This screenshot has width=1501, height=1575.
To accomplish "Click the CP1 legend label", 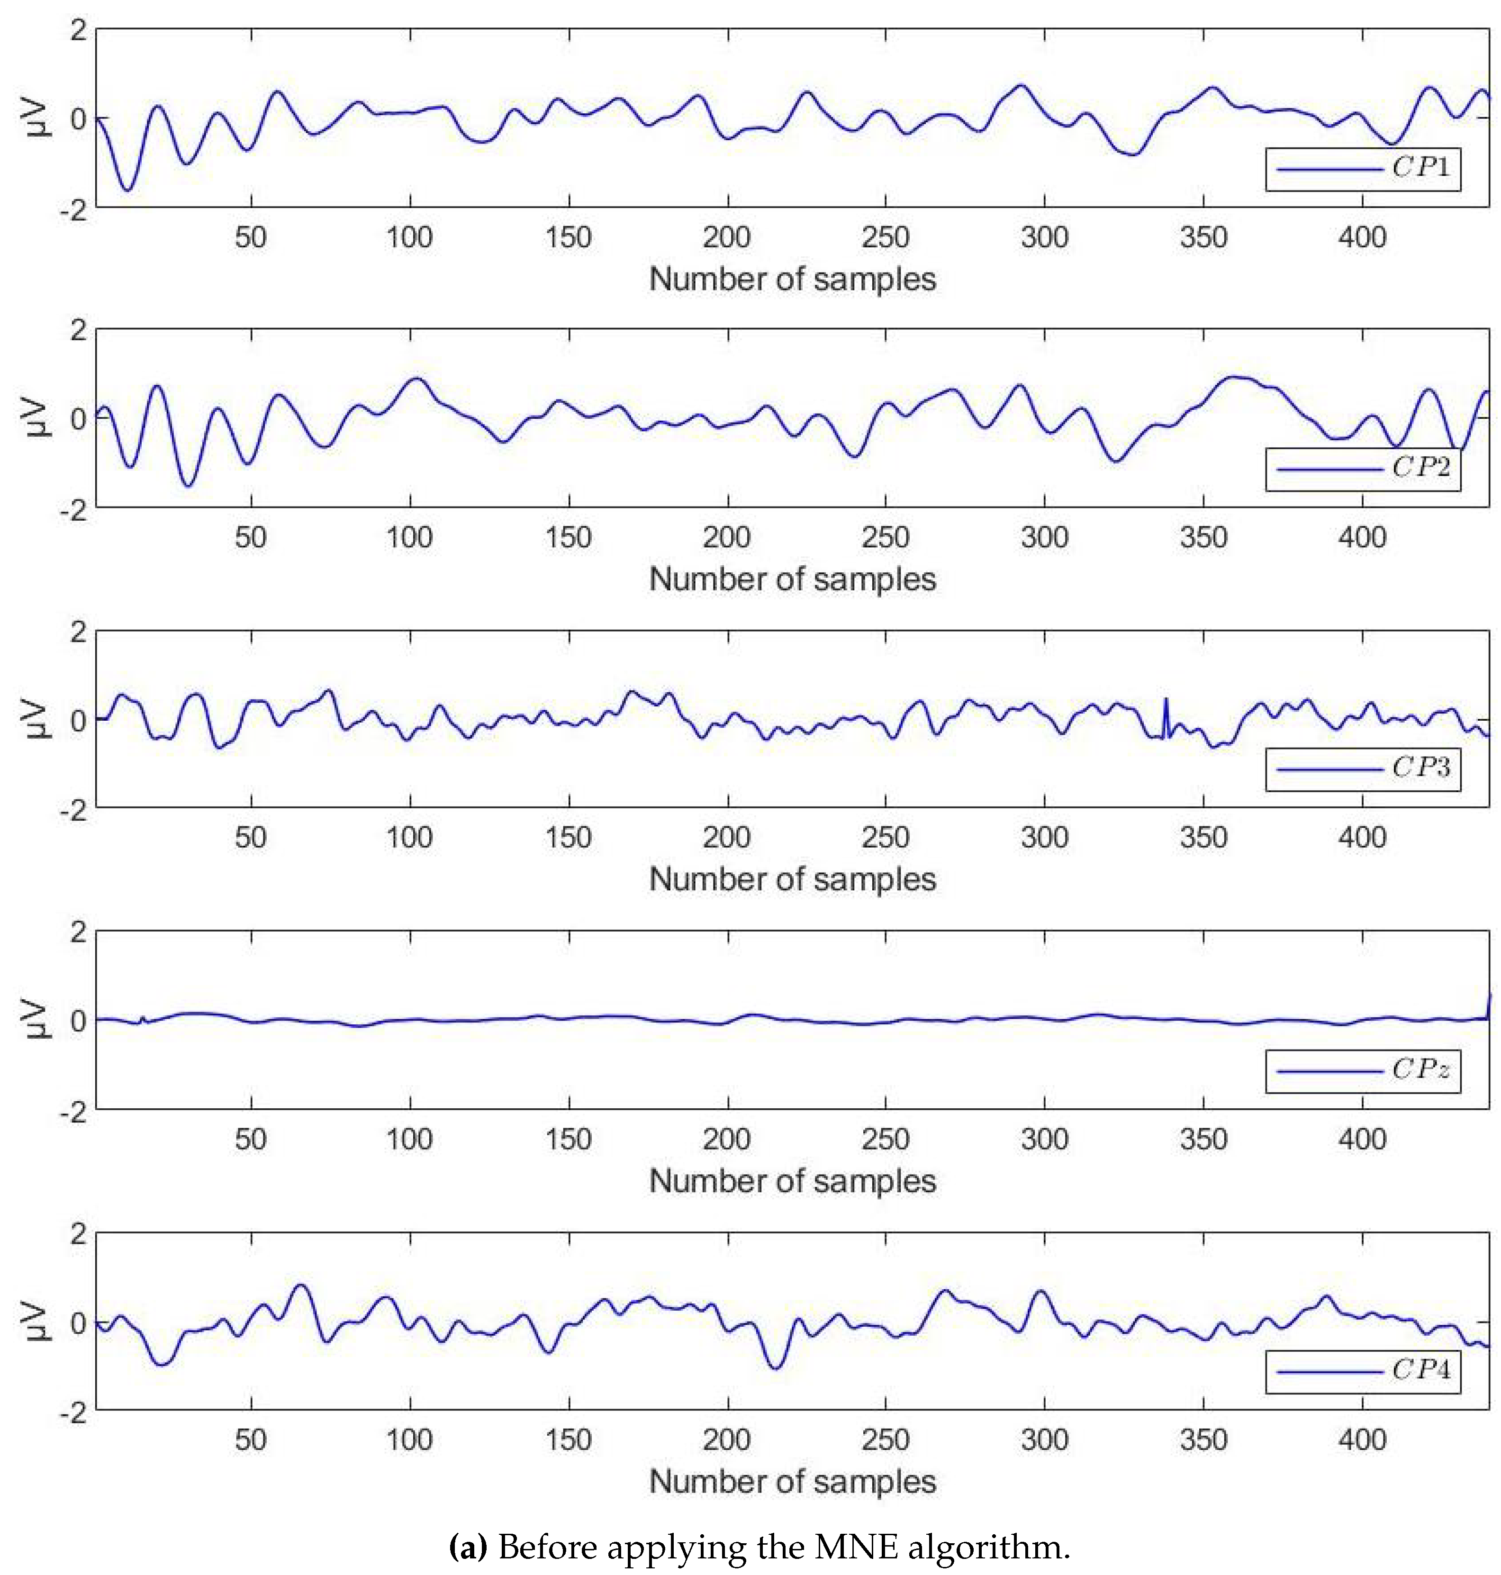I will [1421, 167].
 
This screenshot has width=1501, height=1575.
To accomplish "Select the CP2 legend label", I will [1421, 467].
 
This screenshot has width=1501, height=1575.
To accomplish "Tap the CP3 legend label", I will [1421, 768].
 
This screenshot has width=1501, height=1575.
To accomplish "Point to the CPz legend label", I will [1421, 1069].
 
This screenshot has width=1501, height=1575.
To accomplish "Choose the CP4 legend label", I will [1421, 1370].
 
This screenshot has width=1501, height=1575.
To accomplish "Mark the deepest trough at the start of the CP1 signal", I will [127, 190].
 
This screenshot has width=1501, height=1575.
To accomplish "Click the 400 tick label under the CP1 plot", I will [1362, 238].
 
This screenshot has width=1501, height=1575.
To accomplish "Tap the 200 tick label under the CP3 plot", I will [726, 838].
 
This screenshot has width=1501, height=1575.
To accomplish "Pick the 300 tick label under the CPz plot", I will [1044, 1140].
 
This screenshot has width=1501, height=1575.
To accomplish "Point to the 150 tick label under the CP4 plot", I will [568, 1440].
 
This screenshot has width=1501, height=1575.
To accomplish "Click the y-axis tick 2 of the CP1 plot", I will [78, 30].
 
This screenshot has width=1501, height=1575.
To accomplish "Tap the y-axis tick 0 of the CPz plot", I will [78, 1021].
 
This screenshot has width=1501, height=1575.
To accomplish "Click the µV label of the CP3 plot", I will [36, 719].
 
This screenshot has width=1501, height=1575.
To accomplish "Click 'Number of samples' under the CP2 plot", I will [792, 579].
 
